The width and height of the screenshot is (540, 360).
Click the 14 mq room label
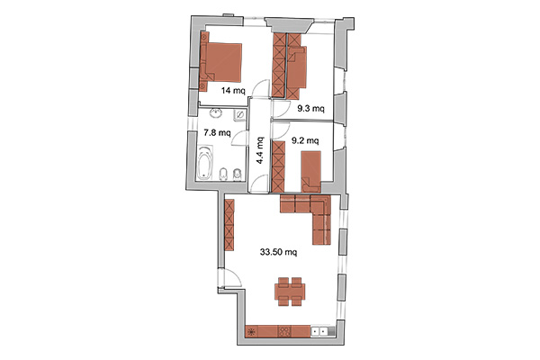(233, 91)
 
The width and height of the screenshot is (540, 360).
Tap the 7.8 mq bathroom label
(217, 132)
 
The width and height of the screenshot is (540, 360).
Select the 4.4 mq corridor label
(260, 150)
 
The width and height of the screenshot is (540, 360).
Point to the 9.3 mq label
(310, 109)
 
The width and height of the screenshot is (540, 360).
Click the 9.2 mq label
(305, 140)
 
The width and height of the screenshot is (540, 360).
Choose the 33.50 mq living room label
(279, 252)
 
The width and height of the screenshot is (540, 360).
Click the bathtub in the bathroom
(204, 163)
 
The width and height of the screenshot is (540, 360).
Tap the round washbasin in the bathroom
(216, 113)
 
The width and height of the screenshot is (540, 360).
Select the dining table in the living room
(290, 292)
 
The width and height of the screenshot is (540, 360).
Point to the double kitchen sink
(319, 331)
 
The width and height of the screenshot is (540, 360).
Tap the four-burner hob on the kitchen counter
(284, 331)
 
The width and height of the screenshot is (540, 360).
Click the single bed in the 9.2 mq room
(311, 172)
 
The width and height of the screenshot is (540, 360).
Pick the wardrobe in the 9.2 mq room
(278, 166)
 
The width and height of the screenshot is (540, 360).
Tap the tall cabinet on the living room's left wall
(229, 225)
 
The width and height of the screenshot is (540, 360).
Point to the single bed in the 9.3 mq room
(297, 67)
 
